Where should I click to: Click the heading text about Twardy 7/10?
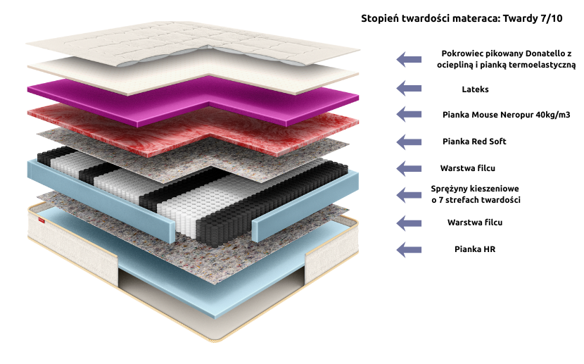pos(462,18)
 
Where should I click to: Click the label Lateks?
pos(475,89)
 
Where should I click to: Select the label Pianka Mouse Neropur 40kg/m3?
pos(497,114)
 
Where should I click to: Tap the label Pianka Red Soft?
pos(474,142)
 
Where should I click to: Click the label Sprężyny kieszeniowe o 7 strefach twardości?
pos(475,195)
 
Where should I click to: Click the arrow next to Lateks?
pos(409,88)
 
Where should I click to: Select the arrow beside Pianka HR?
pos(409,249)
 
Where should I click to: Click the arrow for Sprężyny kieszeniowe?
pos(409,194)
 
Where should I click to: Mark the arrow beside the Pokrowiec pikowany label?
pos(409,59)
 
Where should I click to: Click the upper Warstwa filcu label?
pos(475,168)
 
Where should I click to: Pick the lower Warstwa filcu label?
pos(475,222)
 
